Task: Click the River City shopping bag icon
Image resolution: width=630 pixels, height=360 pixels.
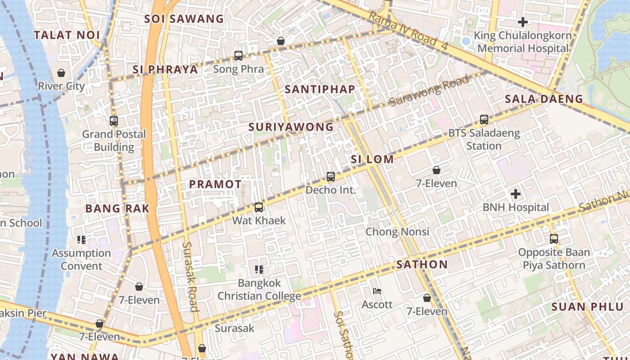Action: point(61,73)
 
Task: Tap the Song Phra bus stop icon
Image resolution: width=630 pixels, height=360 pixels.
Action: point(238,56)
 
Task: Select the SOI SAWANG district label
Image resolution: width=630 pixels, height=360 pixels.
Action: point(184,19)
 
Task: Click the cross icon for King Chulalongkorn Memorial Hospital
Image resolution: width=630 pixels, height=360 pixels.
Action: point(522,22)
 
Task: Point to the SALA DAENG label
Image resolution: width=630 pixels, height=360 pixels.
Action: point(544,99)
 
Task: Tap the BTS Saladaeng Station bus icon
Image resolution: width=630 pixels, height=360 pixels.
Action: point(484,120)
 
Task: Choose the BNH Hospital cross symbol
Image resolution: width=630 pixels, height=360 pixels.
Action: point(516,194)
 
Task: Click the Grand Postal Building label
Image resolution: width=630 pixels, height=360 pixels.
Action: point(114,140)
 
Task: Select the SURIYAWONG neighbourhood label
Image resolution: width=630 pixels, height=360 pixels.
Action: point(291,127)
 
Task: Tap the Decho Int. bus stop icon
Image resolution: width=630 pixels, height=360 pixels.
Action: point(331,177)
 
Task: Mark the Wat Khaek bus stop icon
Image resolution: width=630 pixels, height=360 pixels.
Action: point(259,207)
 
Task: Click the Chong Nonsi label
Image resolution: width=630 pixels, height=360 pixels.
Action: point(397,232)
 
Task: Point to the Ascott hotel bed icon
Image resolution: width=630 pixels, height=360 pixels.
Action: point(377,291)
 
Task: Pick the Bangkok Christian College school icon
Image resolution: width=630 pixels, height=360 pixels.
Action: point(259,270)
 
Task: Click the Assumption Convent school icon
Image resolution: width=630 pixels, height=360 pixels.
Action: point(81,240)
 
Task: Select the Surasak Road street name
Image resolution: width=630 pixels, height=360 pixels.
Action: point(190,277)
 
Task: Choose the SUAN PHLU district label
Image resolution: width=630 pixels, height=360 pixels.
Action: point(587,307)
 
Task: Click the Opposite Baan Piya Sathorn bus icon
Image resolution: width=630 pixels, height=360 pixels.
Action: point(554,239)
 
